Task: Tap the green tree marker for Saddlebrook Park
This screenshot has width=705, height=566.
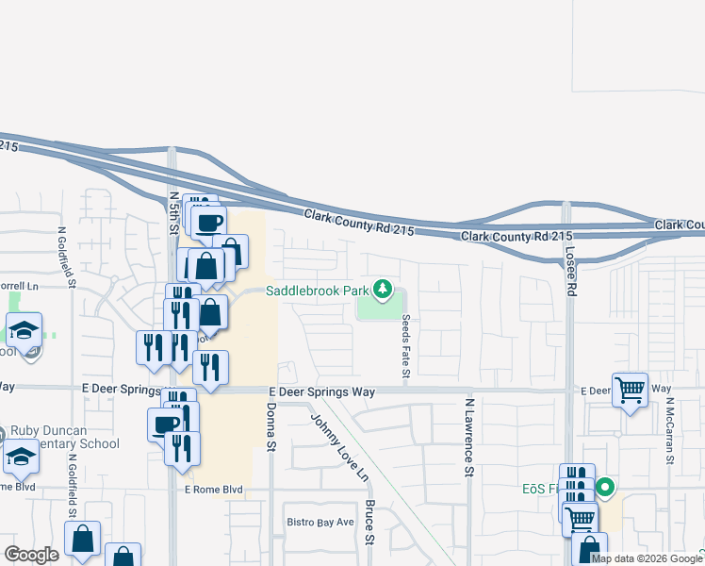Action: [x=383, y=289]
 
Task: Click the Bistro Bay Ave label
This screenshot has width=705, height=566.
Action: [x=320, y=522]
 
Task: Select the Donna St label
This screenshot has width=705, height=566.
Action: [x=271, y=426]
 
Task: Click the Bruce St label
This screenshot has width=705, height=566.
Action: [x=371, y=523]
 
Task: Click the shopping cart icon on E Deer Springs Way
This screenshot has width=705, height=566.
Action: [x=630, y=389]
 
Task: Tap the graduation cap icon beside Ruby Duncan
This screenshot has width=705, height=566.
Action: [x=21, y=458]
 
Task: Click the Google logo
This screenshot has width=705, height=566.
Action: [x=31, y=555]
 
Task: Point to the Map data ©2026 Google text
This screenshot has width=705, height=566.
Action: [x=646, y=558]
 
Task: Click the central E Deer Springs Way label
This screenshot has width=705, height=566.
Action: [x=322, y=391]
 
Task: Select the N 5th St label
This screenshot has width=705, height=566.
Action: [x=174, y=212]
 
